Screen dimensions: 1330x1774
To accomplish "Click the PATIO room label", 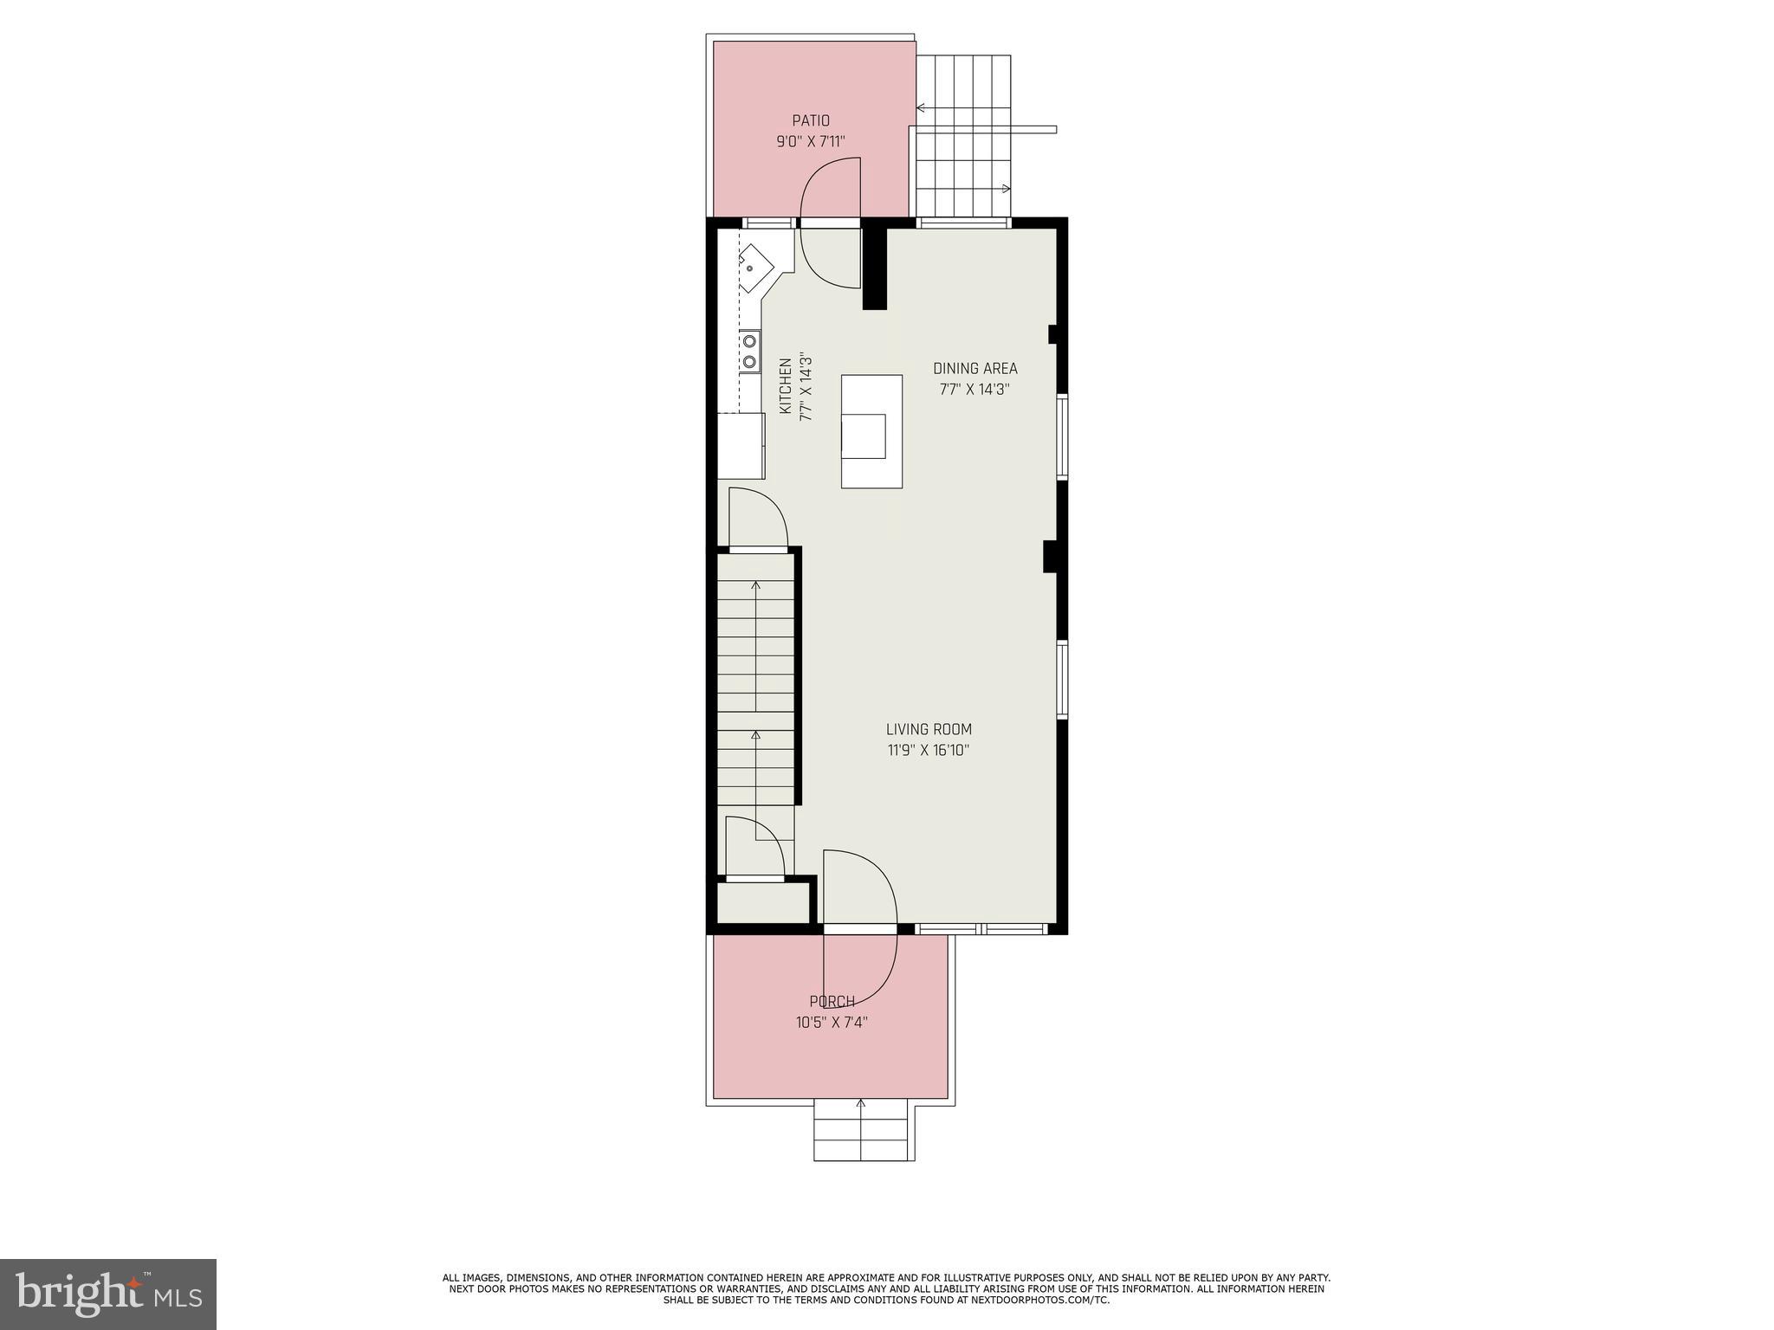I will pos(810,121).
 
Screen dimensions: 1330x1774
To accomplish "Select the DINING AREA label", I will pos(974,369).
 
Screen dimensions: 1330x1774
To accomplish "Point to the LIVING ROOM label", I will pos(929,730).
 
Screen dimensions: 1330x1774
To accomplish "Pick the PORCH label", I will pos(832,1002).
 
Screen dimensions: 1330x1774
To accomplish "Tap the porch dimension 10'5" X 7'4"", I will pos(832,1023).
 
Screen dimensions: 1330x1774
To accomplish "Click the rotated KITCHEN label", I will pos(786,386).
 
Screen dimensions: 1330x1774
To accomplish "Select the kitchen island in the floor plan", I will pos(871,431).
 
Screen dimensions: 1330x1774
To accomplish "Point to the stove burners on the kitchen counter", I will pos(749,352).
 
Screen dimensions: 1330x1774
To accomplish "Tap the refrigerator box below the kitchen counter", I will pos(741,446).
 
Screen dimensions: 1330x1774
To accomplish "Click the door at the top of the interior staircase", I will pos(757,520).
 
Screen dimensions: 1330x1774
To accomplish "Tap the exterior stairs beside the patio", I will pos(963,139).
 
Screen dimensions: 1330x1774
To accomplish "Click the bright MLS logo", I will pos(108,1294).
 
